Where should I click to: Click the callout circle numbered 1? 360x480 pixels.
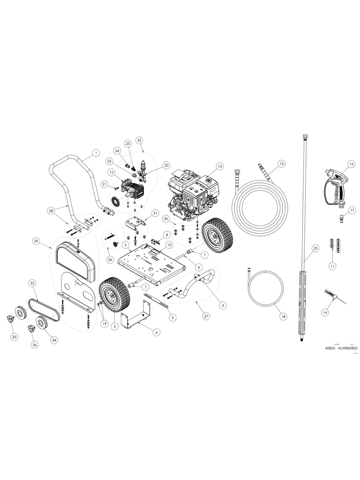point(95,152)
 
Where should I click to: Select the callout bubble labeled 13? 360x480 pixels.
point(219,166)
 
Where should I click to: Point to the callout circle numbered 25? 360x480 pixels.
point(315,248)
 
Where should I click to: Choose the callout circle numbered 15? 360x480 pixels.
point(281,163)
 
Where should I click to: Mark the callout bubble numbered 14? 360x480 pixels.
point(325,313)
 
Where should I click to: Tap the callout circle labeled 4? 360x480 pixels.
point(157,332)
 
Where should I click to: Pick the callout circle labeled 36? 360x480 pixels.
point(35,345)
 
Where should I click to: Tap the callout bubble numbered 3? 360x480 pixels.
point(223,305)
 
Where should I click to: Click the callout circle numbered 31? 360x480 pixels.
point(155,213)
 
